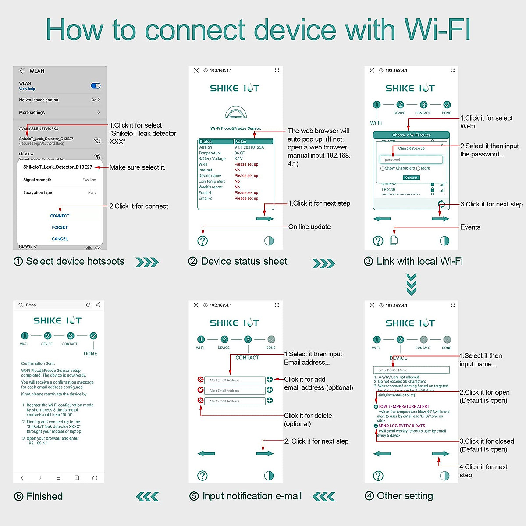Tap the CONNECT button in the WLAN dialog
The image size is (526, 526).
point(60,216)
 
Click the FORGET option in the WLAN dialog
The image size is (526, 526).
point(60,227)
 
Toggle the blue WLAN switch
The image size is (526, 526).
point(96,86)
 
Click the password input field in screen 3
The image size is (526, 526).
point(411,160)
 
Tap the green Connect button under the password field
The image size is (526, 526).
point(411,178)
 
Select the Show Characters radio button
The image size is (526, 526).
point(383,168)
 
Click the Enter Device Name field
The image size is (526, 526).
point(411,370)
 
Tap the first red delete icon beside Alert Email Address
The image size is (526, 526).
point(200,380)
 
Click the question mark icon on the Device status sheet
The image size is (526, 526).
point(203,241)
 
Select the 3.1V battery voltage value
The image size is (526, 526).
point(238,159)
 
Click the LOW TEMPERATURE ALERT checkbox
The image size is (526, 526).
point(376,407)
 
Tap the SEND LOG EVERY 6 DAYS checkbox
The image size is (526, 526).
point(376,426)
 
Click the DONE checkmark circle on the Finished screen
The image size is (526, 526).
point(93,336)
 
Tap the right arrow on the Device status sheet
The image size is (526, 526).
point(265,219)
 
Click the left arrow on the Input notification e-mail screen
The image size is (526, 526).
point(206,454)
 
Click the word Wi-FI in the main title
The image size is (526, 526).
point(437,30)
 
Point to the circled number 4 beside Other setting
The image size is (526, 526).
point(370,496)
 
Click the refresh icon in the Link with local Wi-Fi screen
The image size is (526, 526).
point(441,204)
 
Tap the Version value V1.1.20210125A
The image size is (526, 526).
point(249,147)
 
